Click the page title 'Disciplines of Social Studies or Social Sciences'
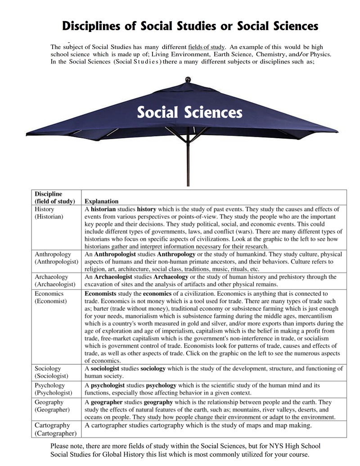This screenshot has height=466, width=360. [x=189, y=26]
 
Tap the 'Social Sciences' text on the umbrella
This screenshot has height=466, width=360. [x=189, y=112]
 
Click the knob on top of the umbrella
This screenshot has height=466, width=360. [x=188, y=80]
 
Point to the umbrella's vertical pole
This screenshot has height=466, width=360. [x=188, y=162]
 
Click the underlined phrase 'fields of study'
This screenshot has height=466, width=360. [x=206, y=47]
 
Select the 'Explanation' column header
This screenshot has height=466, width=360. [x=102, y=201]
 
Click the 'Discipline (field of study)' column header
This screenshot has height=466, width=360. [x=55, y=198]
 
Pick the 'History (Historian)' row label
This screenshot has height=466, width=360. [x=49, y=213]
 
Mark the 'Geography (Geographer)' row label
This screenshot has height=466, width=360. [x=52, y=406]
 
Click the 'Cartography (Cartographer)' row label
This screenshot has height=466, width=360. [x=55, y=429]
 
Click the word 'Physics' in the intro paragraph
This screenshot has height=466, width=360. [x=320, y=54]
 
